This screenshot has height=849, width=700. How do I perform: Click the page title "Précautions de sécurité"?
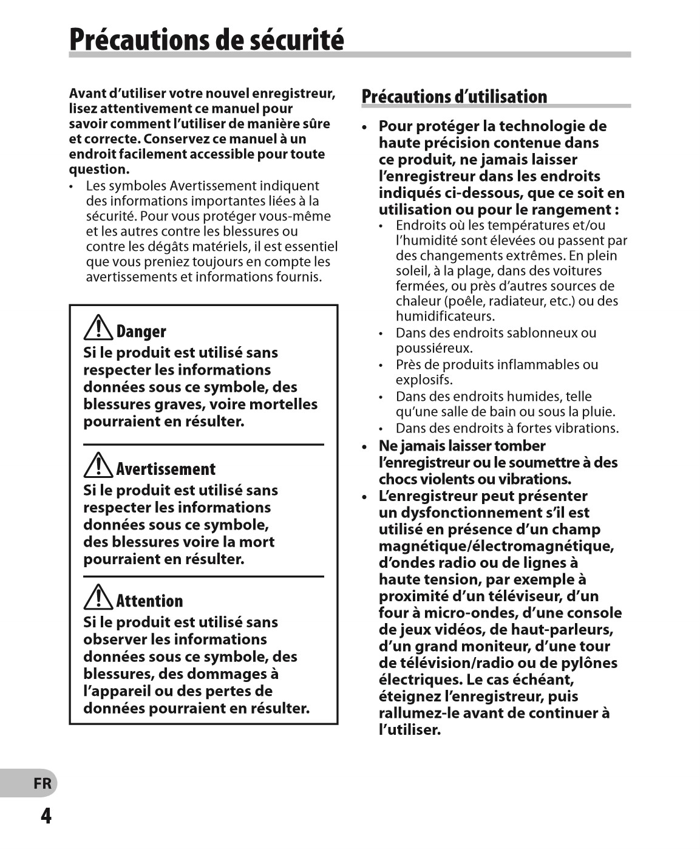point(206,39)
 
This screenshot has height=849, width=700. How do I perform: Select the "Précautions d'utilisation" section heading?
point(454,97)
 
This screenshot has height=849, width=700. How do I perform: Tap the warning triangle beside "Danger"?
point(98,329)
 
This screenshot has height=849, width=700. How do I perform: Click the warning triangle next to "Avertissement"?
point(98,466)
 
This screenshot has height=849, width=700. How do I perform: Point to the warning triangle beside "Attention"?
point(98,598)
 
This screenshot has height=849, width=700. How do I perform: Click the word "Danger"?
point(141,332)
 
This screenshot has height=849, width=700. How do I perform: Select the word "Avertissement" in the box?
point(166,469)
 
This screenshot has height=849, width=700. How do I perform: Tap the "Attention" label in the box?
point(149,601)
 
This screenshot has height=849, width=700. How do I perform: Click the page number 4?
point(46,816)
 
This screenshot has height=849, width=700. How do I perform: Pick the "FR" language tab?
point(42,783)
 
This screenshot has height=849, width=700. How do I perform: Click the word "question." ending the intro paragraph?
point(99,169)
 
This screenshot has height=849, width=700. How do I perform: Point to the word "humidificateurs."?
point(445,316)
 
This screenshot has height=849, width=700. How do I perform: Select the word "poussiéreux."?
point(434,348)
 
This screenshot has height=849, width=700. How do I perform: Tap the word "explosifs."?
point(424,380)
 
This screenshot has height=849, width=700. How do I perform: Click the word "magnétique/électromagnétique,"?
point(496,546)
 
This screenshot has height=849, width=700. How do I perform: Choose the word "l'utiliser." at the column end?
point(410,730)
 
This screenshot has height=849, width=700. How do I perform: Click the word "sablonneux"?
point(542,333)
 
